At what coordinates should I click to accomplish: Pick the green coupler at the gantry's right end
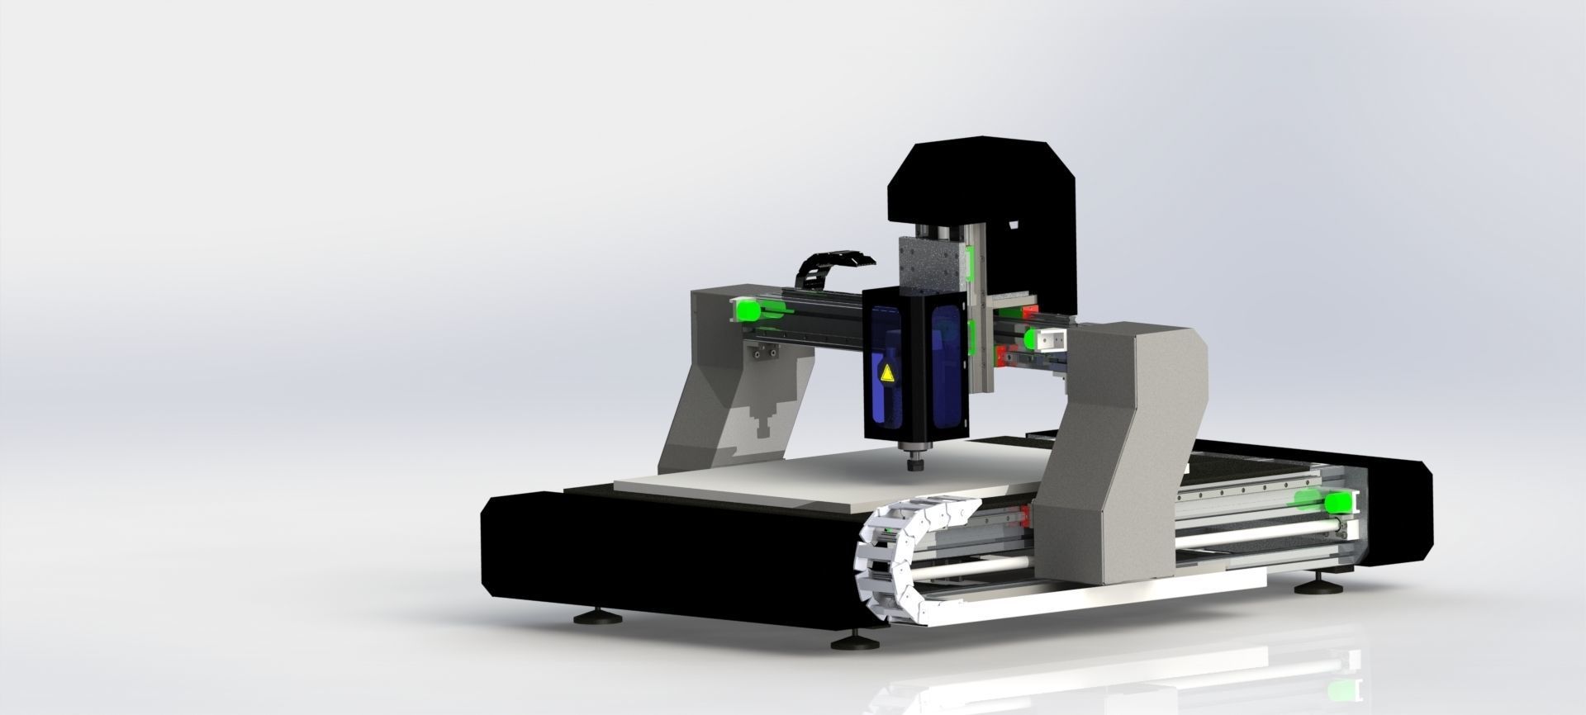1035,339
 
